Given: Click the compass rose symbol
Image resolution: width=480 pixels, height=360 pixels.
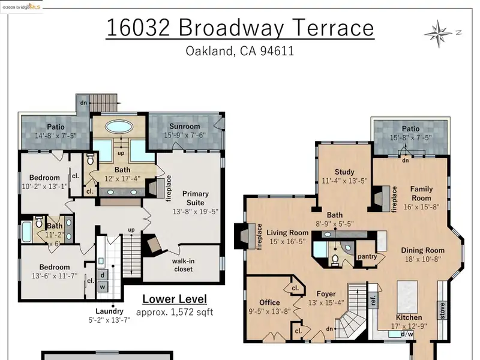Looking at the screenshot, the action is pos(439,34).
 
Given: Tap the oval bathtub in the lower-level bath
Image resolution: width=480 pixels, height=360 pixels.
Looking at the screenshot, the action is pos(119,127).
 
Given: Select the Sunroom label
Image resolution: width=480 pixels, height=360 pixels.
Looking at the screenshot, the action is pos(185,127).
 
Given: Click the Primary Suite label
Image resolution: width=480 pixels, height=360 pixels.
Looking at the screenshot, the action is pos(196,198).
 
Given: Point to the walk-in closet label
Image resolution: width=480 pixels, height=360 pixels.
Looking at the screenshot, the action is pos(183,265).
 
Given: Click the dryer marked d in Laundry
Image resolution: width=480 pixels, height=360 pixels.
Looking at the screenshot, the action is pos(103,275).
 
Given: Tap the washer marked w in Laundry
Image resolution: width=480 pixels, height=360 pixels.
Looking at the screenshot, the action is pos(103,287).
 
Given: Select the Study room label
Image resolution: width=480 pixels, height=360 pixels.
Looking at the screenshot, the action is pos(344,172).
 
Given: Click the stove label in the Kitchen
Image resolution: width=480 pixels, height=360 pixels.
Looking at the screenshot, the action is pos(442,311).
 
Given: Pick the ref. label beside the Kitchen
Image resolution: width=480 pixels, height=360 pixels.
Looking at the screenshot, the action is pos(373,301).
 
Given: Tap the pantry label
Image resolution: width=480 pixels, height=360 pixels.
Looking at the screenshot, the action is pos(367,256).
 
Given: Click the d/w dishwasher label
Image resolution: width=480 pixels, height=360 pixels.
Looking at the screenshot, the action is pos(407,334).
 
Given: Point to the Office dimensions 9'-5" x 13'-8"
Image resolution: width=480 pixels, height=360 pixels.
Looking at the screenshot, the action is pos(269,311).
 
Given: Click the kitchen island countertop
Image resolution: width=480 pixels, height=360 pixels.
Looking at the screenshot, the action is pos(407,296).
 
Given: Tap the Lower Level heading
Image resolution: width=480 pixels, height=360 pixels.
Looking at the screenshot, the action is pos(175,299).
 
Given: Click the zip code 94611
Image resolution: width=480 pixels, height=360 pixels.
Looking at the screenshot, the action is pos(277,51).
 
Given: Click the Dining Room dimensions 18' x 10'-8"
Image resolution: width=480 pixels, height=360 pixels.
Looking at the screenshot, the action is pos(422,259).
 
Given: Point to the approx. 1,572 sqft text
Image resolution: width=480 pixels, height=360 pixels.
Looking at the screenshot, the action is pos(175,312).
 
